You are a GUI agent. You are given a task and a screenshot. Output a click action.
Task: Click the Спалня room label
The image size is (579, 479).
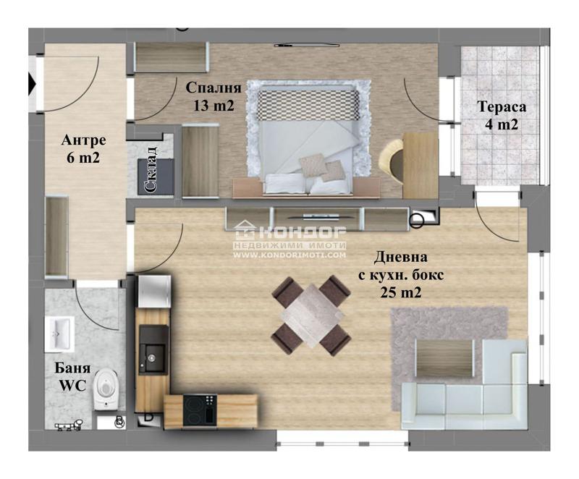(214, 88)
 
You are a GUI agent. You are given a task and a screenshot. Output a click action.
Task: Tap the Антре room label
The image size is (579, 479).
(83, 140)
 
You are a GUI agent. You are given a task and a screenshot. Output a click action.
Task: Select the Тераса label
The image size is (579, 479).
(502, 106)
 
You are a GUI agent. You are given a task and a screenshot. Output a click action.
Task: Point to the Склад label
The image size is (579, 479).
(151, 169)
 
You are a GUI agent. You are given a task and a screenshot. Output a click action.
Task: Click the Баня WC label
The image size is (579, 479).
(73, 377)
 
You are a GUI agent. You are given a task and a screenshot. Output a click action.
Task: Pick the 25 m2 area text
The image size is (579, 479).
(401, 292)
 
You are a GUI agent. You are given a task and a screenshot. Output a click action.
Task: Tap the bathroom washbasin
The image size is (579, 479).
(59, 334)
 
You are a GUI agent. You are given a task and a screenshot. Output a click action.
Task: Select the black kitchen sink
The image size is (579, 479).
(153, 349)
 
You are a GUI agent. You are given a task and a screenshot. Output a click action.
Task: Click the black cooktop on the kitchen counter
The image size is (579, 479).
(200, 410)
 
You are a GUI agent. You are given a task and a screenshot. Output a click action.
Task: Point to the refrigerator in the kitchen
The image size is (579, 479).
(155, 292)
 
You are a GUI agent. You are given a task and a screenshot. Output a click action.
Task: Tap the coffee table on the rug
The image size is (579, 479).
(445, 358)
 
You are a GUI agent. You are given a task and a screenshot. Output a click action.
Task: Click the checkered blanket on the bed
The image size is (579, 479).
(308, 104)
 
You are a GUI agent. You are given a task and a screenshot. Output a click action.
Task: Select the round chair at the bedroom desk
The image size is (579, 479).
(392, 161)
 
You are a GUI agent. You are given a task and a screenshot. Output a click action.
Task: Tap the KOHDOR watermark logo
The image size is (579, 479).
(290, 231)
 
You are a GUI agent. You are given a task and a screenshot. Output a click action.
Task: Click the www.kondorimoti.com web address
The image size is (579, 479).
(290, 255)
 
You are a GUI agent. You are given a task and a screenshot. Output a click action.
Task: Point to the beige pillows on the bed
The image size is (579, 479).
(321, 167)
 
